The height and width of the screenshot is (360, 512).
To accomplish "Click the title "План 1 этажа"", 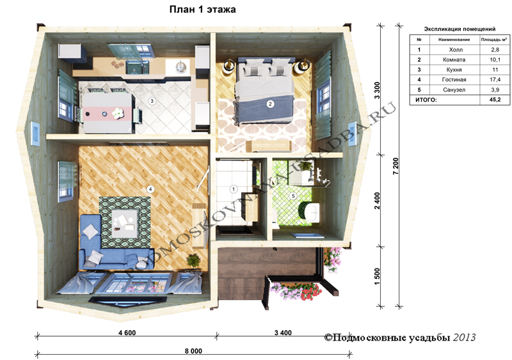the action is (202, 10).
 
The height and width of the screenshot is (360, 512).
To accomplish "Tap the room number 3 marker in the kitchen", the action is (152, 101).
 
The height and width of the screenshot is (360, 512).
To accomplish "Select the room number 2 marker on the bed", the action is (270, 104).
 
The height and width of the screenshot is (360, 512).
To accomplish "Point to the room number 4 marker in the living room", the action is (150, 189).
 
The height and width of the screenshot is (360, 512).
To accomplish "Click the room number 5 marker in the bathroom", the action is (293, 196).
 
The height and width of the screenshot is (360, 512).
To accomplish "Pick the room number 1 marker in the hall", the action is (234, 189).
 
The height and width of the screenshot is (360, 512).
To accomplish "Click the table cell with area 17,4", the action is (495, 80).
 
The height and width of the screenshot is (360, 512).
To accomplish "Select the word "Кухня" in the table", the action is (454, 70).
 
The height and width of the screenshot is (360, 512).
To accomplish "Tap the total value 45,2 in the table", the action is (495, 100).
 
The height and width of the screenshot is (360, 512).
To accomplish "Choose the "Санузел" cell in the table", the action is (454, 90).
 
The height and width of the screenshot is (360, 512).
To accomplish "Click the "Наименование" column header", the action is (454, 40).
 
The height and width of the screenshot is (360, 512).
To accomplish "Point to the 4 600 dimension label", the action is (127, 333).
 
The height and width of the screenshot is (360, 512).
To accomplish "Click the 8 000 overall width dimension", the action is (193, 351).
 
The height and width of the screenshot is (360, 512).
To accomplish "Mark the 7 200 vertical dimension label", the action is (396, 166).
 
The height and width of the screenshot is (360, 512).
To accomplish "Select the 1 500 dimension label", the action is (378, 276).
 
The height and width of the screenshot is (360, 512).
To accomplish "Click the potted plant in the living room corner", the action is (193, 261).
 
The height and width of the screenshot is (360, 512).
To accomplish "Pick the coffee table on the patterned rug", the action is (124, 223).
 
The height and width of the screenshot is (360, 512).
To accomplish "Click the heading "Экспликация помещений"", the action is (460, 29).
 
